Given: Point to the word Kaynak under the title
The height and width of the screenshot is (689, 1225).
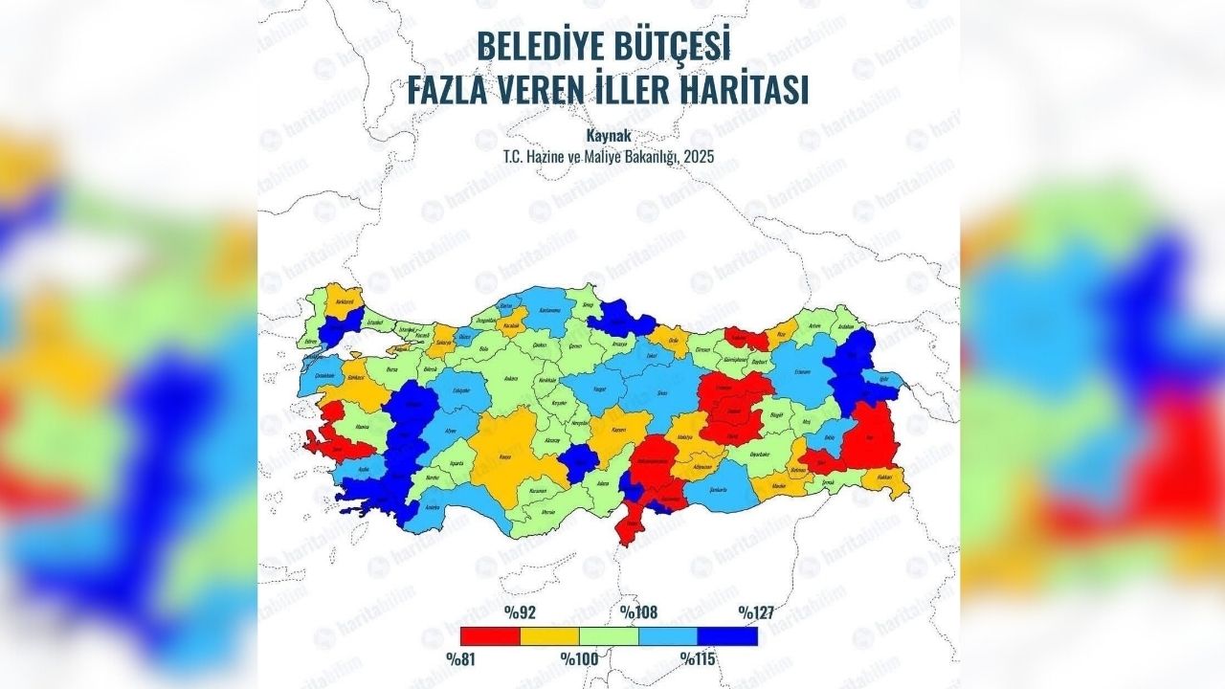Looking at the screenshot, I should (609, 136).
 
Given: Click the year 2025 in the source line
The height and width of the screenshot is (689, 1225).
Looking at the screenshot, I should (697, 155).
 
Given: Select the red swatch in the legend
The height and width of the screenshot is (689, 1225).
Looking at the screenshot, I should (489, 635).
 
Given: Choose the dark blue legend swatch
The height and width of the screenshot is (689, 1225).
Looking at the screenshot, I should (727, 635).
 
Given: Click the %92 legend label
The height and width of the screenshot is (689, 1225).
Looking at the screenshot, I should (519, 612).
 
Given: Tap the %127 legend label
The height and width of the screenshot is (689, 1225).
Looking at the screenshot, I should (756, 612).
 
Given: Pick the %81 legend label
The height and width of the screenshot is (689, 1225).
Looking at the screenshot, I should (459, 658).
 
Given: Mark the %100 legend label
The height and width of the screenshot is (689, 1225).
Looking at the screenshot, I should (579, 658).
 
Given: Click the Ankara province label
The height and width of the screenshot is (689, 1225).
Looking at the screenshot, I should (511, 379).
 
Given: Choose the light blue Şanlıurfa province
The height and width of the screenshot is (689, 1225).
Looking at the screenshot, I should (735, 486).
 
